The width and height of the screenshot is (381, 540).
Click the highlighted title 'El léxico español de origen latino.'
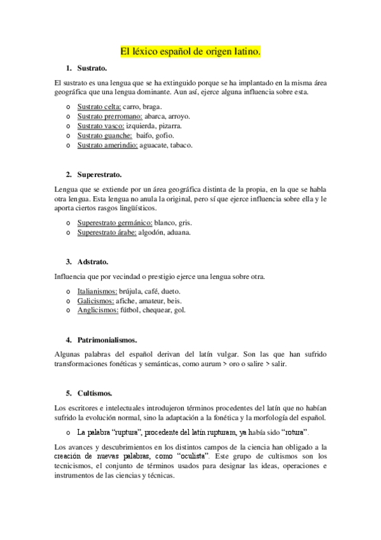tap(190, 51)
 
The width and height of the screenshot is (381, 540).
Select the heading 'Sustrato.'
tap(92, 68)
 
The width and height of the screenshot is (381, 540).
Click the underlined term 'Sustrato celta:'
tap(99, 106)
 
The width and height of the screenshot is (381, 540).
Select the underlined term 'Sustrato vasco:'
tap(100, 125)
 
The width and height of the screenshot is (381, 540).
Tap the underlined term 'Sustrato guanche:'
tap(105, 135)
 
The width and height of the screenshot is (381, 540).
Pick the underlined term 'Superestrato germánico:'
tap(114, 223)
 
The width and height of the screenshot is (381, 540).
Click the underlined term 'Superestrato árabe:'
tap(107, 232)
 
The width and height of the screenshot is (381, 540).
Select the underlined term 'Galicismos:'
tap(95, 301)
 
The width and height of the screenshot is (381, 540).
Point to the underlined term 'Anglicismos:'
tap(97, 310)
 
